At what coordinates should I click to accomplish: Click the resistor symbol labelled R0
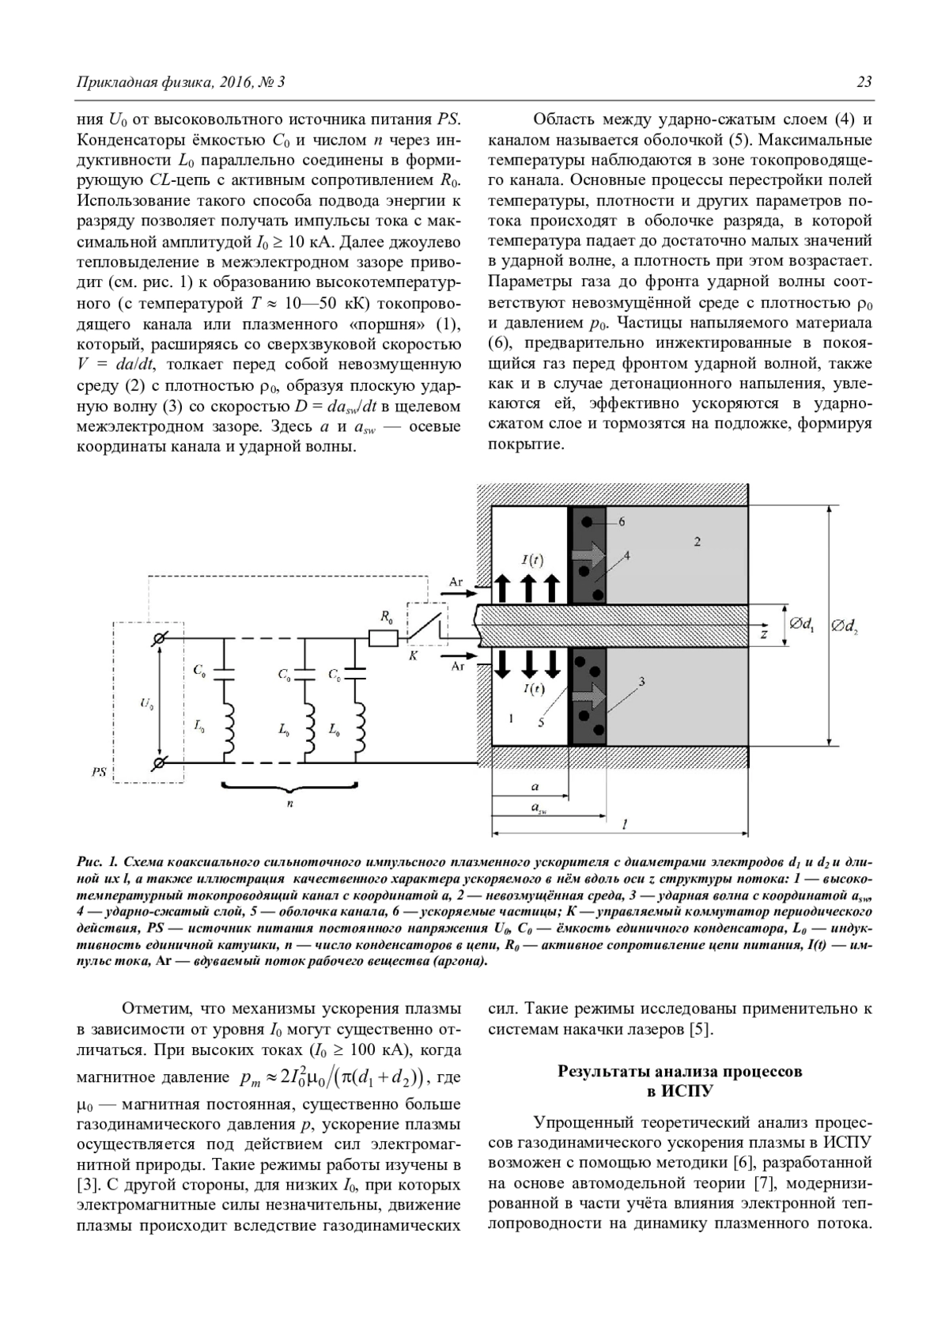click(383, 638)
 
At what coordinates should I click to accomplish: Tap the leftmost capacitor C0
click(224, 671)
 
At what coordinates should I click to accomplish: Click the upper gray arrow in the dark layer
click(588, 554)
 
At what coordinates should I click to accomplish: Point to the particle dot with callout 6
click(587, 521)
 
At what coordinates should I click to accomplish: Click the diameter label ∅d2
click(844, 627)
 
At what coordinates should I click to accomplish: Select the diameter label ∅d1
click(801, 626)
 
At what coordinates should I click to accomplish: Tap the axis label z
click(764, 634)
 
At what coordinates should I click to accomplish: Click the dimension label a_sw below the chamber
click(538, 808)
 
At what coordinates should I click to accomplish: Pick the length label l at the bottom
click(625, 824)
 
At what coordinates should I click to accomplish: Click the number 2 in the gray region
click(698, 542)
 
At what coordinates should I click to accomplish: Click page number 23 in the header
click(864, 82)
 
